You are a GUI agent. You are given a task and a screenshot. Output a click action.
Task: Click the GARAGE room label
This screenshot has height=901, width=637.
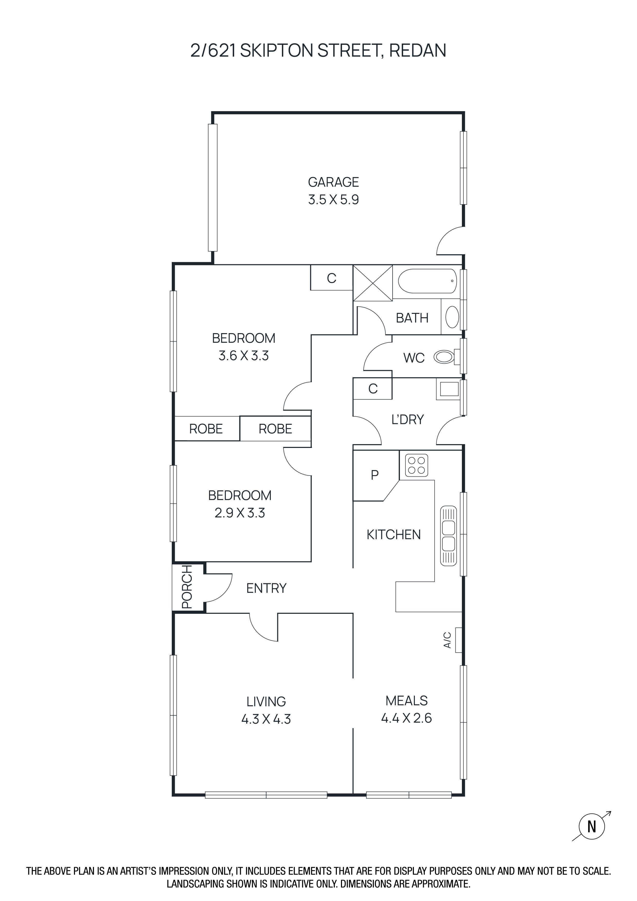tap(334, 182)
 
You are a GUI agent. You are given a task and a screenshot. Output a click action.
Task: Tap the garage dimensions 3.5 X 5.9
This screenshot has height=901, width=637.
tap(334, 200)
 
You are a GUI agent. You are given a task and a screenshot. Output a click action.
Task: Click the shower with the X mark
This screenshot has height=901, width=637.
tap(373, 283)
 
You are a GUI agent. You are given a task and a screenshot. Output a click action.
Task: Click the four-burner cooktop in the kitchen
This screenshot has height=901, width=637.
tap(416, 465)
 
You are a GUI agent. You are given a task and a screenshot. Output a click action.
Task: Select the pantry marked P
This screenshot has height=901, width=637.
tap(375, 475)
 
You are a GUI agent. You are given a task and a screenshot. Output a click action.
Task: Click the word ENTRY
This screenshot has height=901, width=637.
tap(266, 588)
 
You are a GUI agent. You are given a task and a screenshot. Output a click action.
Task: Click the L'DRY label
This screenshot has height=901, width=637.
tap(407, 419)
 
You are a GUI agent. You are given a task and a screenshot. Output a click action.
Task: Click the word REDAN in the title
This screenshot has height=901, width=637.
tap(418, 51)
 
